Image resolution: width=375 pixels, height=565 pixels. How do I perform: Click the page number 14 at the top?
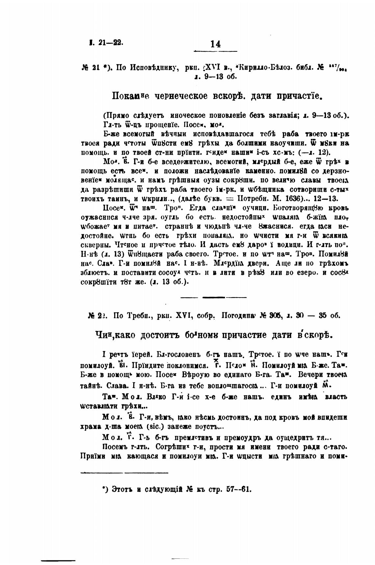[215, 44]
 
